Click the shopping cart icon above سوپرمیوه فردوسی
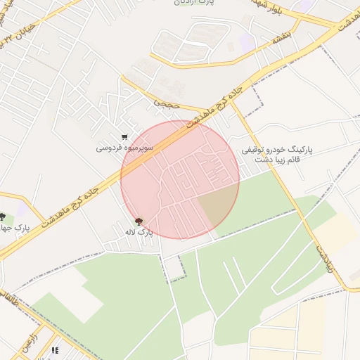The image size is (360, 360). (x=124, y=137)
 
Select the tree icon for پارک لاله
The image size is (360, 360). (x=139, y=221)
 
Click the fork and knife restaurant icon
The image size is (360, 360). (x=55, y=349)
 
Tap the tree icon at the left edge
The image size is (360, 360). (x=3, y=217)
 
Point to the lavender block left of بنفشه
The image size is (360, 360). (x=247, y=41)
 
